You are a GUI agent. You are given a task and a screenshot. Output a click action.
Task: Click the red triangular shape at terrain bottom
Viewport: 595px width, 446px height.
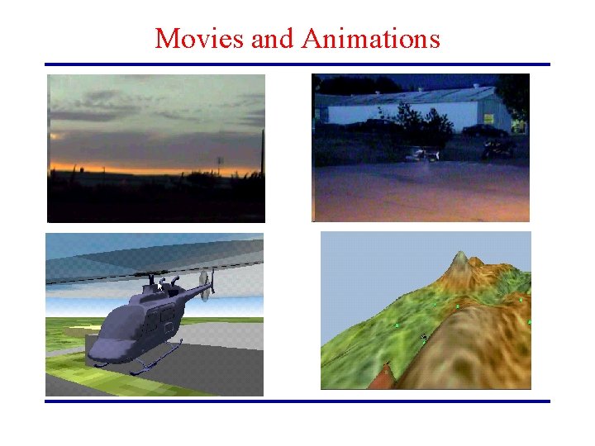(382, 380)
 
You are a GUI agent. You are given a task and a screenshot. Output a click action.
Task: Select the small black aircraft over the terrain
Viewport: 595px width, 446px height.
(423, 336)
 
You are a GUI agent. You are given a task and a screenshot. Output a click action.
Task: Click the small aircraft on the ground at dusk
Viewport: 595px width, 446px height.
(423, 154)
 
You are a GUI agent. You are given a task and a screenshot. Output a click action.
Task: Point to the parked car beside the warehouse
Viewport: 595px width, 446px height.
(498, 149)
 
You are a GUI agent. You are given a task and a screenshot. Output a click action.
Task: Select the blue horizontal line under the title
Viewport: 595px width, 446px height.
(297, 64)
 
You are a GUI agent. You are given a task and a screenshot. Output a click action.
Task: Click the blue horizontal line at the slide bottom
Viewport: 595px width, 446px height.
(297, 401)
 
